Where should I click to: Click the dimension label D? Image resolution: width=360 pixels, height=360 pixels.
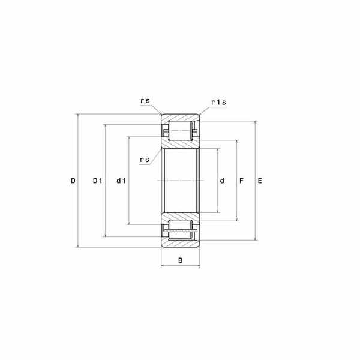pos(73,181)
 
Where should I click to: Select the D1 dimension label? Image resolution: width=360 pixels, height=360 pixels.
pos(97,181)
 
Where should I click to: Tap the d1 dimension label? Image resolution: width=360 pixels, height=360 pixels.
pos(121,181)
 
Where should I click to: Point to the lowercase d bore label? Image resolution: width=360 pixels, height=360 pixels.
pos(222,181)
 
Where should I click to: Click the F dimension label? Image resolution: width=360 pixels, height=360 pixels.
pos(241,181)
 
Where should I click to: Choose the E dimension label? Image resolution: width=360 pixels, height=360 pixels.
pos(260,181)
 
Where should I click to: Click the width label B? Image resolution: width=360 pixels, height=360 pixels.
pos(180,260)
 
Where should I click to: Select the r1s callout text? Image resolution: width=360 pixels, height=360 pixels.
pos(218,102)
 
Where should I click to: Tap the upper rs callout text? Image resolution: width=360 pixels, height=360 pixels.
pos(145,101)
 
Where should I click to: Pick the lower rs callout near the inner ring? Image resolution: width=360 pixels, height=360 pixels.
pos(145,160)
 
